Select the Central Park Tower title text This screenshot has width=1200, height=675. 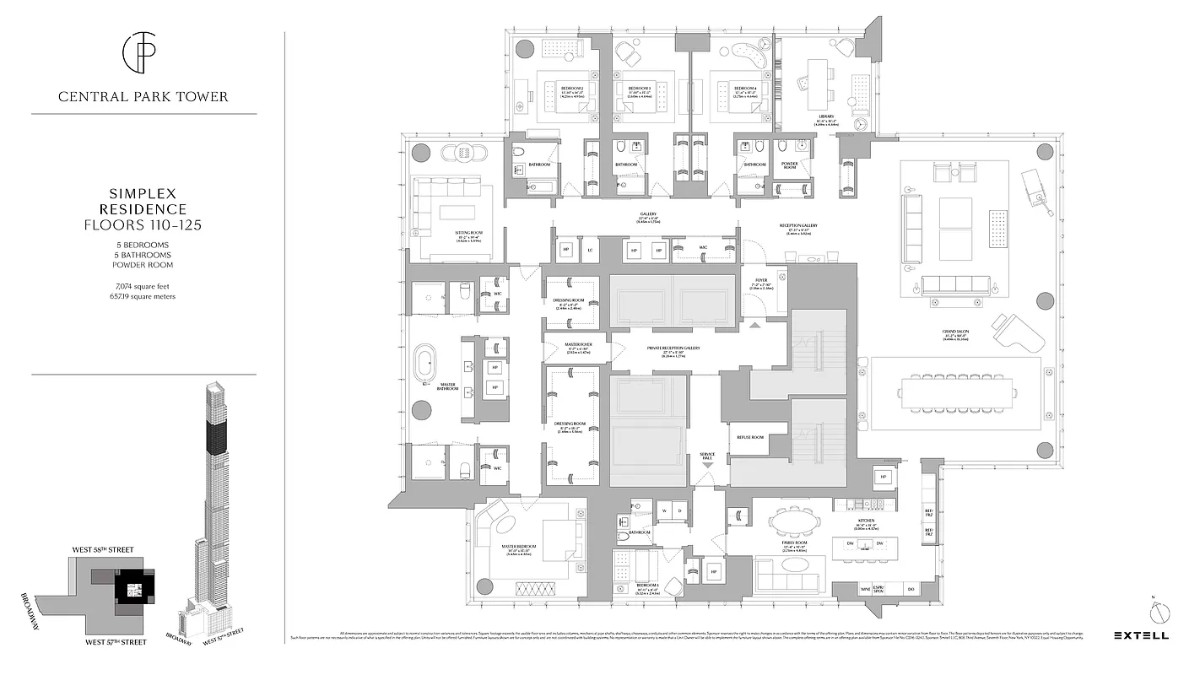click(x=143, y=97)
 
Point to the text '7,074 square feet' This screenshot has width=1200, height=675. click(x=143, y=286)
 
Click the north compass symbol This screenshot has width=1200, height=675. click(x=1161, y=612)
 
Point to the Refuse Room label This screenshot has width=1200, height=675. click(x=750, y=437)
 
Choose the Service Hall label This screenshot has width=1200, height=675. click(x=707, y=456)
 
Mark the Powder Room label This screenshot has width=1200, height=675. click(x=790, y=165)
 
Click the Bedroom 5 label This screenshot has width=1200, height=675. click(x=648, y=586)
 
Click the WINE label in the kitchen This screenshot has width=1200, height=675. click(x=864, y=588)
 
